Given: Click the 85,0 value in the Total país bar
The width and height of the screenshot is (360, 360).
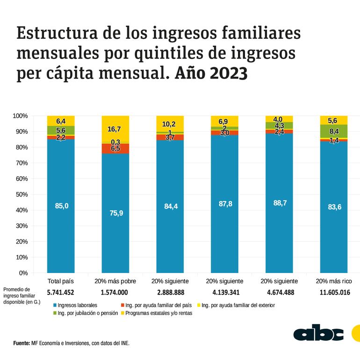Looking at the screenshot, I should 61,205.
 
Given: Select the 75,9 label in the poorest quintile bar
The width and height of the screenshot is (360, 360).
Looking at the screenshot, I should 115,213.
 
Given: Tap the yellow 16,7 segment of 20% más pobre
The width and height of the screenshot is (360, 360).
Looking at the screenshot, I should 115,129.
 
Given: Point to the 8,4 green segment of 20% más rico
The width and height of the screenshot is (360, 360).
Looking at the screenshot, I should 334,131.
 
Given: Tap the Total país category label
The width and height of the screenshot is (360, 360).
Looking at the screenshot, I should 61,281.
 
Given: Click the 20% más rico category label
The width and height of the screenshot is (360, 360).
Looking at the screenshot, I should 334,281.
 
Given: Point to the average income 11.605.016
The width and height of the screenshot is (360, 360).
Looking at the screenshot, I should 334,293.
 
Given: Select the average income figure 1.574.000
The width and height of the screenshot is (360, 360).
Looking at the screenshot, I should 115,293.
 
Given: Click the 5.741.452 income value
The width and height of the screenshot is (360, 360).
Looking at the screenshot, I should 61,293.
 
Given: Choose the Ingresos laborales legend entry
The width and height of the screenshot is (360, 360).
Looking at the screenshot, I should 76,305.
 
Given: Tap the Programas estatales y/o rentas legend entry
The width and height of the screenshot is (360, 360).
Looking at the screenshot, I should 157,313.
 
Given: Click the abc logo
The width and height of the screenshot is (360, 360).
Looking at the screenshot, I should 318,333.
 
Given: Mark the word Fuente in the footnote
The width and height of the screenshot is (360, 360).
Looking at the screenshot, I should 22,343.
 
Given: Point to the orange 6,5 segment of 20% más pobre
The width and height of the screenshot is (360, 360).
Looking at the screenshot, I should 115,148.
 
